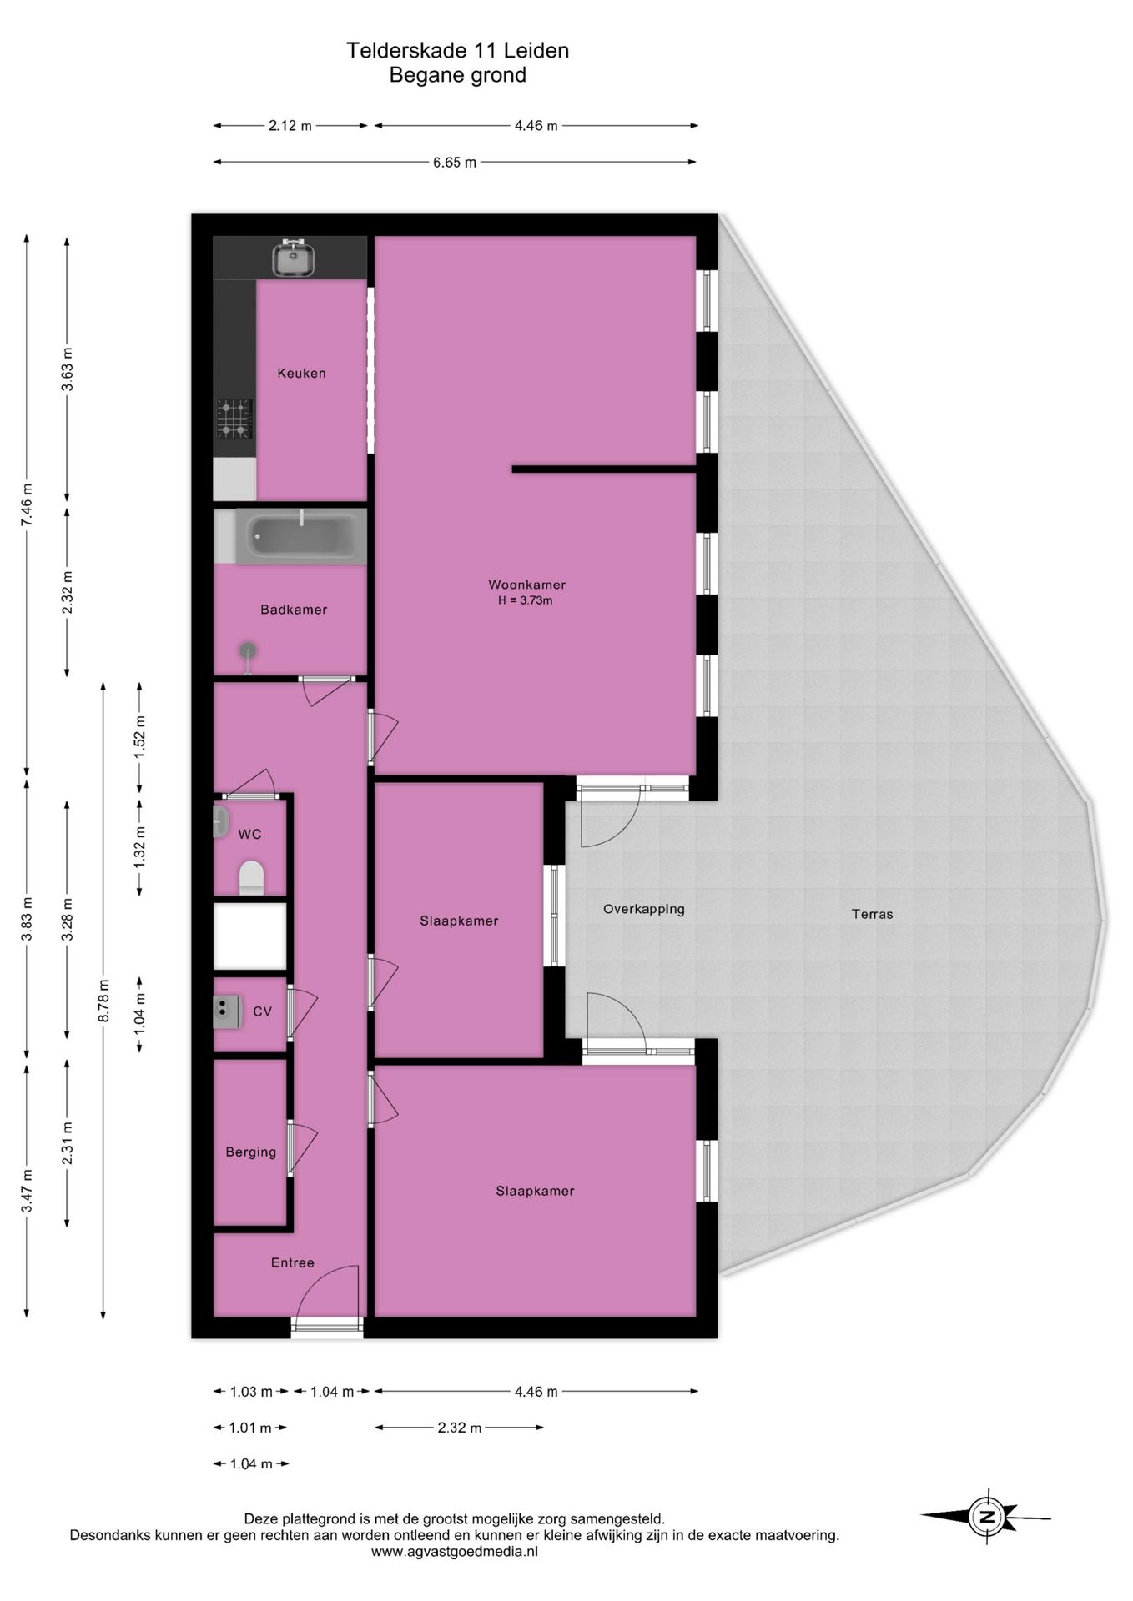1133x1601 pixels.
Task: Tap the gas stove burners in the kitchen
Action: click(235, 419)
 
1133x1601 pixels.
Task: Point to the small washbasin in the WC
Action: click(221, 822)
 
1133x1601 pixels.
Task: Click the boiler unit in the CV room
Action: click(225, 1011)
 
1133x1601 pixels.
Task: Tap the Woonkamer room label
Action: click(526, 585)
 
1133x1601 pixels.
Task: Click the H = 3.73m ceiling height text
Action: click(526, 600)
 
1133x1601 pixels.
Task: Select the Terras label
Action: click(872, 914)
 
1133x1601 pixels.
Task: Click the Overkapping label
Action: click(644, 910)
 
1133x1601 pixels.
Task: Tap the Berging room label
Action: click(250, 1152)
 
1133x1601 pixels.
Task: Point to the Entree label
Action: click(293, 1263)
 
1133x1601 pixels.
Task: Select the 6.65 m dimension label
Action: click(455, 163)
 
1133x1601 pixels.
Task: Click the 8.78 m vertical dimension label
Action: click(103, 1001)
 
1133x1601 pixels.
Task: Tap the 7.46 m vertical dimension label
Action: click(27, 504)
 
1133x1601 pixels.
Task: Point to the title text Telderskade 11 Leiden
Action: click(458, 50)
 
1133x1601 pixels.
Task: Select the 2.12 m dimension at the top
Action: click(290, 126)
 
